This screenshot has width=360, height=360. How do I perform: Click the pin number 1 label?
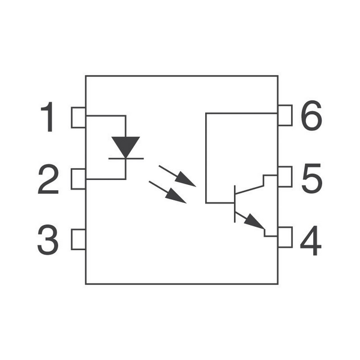[x=48, y=117]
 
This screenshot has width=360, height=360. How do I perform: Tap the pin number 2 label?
[x=48, y=179]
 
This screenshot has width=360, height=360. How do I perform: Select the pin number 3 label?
[x=48, y=239]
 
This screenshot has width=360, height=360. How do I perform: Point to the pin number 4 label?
[x=311, y=241]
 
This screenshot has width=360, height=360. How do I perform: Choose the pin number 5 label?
[x=312, y=178]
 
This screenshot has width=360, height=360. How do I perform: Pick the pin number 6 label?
[x=311, y=115]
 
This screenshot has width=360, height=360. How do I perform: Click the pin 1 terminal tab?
[x=78, y=118]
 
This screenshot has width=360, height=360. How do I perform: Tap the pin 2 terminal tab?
[x=78, y=179]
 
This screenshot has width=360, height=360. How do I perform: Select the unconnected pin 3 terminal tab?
[x=78, y=239]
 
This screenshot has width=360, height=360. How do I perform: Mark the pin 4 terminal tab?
[x=285, y=237]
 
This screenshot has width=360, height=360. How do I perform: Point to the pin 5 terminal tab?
[x=285, y=176]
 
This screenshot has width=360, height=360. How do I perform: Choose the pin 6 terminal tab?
[x=285, y=115]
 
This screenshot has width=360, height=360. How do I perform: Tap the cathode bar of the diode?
[x=126, y=158]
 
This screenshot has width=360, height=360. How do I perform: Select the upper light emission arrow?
[x=177, y=176]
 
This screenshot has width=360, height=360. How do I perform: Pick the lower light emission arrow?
[x=167, y=192]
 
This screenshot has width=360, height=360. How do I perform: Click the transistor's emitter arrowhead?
[x=254, y=221]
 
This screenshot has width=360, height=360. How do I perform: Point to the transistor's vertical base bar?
[x=235, y=204]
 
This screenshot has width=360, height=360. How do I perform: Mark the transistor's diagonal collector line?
[x=249, y=190]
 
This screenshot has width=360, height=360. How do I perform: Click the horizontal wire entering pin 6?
[x=242, y=113]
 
